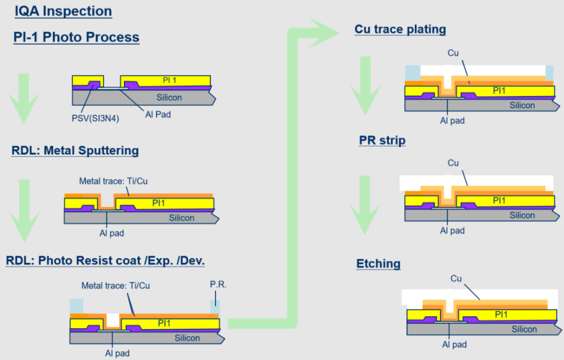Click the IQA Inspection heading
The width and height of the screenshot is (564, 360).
point(63,11)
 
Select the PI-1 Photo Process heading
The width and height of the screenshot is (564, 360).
point(76,38)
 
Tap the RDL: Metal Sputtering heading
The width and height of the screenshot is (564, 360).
point(75,151)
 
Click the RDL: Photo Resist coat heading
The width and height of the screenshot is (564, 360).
point(105,261)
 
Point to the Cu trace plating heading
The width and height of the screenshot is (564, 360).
point(400,29)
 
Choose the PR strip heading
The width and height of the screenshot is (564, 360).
point(382,140)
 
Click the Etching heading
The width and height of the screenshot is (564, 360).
point(378,264)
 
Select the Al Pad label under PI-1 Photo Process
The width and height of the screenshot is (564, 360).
point(158,114)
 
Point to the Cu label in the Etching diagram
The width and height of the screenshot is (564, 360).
point(456,279)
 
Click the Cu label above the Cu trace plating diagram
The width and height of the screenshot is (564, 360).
point(453,53)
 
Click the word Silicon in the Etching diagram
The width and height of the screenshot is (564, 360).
point(524,329)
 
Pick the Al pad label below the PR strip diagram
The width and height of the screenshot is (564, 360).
point(452,231)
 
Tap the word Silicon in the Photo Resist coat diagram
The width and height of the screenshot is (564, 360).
point(187,338)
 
